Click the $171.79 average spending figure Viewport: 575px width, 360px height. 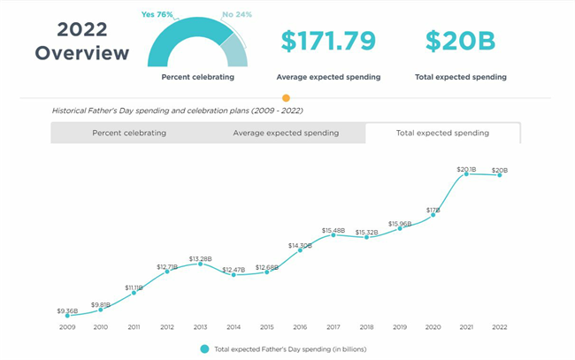(x=328, y=41)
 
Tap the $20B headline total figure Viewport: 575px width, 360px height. (x=460, y=41)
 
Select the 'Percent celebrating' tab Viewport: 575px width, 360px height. (x=129, y=133)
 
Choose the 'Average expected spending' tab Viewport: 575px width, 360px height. (x=286, y=133)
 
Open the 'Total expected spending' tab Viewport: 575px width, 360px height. (x=443, y=133)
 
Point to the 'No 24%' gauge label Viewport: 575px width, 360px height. (x=238, y=14)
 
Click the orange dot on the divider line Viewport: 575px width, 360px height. (x=285, y=98)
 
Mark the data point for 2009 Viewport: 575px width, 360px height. (x=67, y=316)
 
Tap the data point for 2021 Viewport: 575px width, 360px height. (x=466, y=174)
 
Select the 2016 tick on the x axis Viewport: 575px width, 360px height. (x=300, y=327)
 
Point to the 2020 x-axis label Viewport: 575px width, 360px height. (x=433, y=327)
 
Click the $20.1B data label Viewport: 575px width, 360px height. (x=466, y=168)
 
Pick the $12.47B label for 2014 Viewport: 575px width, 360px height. (x=234, y=269)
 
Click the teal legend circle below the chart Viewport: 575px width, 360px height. (x=204, y=349)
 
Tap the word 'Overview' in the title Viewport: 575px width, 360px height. (x=82, y=53)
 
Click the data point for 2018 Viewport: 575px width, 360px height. (x=366, y=238)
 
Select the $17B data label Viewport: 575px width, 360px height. (x=433, y=211)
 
